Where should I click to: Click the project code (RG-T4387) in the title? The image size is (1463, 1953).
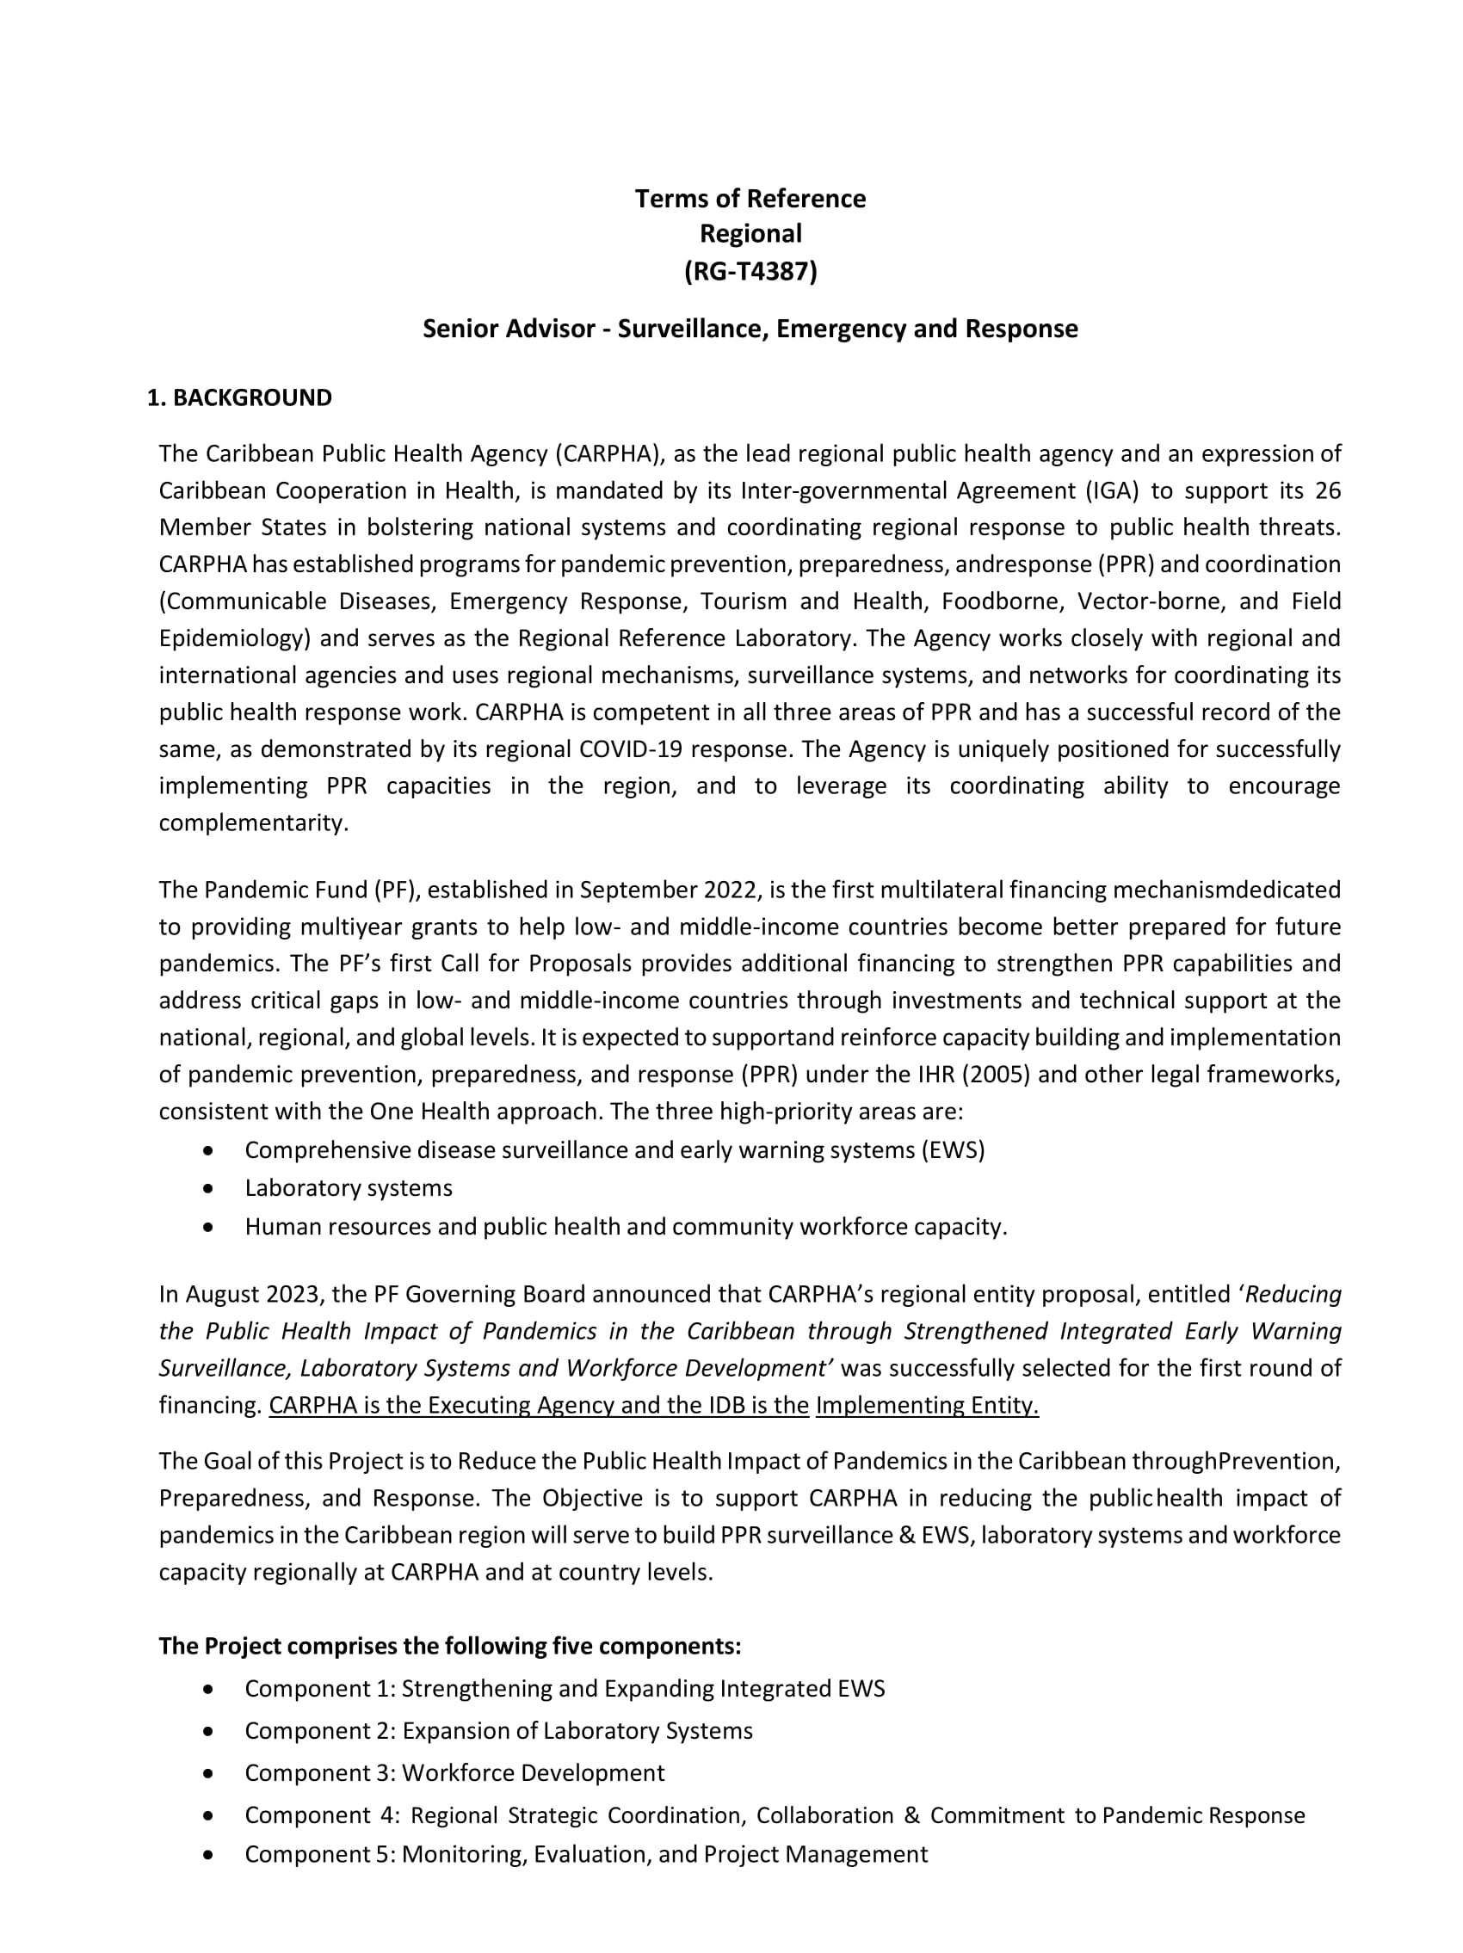[750, 271]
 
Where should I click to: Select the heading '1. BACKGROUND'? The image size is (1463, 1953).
[239, 398]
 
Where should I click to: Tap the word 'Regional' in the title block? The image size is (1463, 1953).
[750, 234]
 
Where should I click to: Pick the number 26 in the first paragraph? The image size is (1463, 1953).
[1327, 491]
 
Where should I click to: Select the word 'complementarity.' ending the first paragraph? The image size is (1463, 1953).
[253, 822]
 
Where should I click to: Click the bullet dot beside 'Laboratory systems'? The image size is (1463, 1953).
[207, 1188]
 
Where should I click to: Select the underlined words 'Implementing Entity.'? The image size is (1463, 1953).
[927, 1406]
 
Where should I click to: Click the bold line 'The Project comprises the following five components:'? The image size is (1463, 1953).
[449, 1647]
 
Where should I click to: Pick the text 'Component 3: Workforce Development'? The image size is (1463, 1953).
[454, 1773]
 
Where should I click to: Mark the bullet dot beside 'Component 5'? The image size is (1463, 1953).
[207, 1854]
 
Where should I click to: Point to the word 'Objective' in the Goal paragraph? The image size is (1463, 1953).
[592, 1498]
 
